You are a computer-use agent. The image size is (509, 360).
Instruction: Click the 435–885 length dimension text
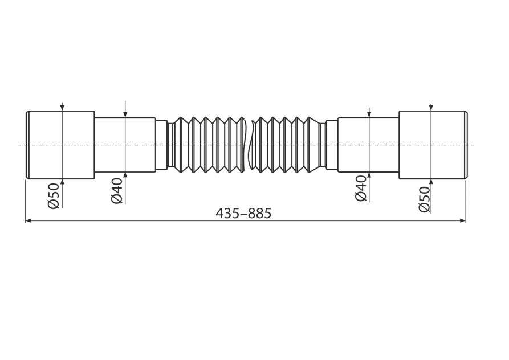click(x=243, y=214)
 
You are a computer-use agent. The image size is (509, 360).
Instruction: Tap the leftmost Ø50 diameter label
click(x=54, y=195)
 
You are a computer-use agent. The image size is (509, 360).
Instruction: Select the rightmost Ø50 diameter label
click(x=425, y=199)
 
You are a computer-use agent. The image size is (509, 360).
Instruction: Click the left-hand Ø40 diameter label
click(x=117, y=191)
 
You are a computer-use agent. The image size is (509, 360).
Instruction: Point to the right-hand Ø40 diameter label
click(x=361, y=189)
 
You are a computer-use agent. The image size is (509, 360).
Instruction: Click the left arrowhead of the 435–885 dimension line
click(x=28, y=220)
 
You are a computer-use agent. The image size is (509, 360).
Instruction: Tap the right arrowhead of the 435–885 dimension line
click(x=463, y=220)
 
